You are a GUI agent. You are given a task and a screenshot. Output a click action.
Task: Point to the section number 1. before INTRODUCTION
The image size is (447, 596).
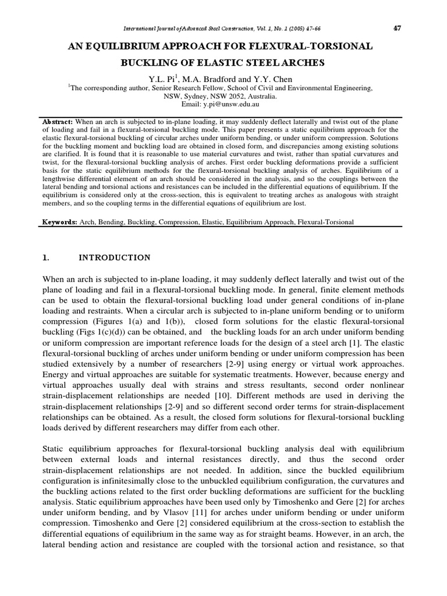tap(47, 257)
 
